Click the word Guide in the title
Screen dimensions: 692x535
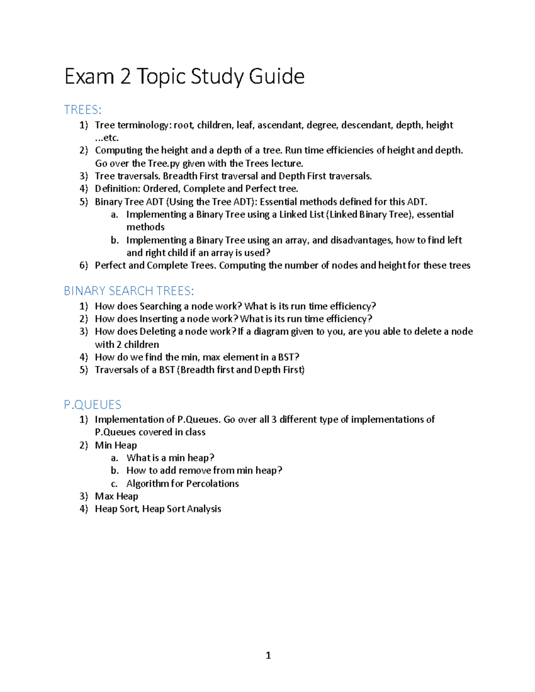(x=276, y=76)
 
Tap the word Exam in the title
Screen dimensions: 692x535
(x=89, y=76)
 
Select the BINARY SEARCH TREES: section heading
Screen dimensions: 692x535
(x=129, y=291)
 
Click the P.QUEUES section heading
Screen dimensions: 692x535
(x=93, y=405)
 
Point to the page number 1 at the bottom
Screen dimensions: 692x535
(x=268, y=655)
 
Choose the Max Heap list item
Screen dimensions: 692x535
(x=116, y=496)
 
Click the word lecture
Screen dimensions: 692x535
(x=287, y=164)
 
